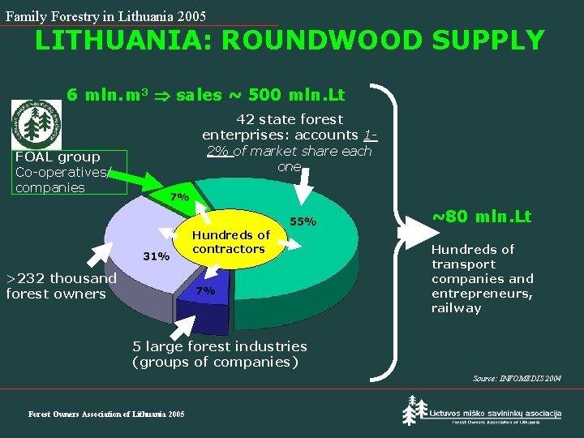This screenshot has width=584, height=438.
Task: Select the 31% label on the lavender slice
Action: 156,256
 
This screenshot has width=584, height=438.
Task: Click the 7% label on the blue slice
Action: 205,290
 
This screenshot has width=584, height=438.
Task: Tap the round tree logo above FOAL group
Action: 36,123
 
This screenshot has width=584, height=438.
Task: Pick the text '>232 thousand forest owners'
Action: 61,286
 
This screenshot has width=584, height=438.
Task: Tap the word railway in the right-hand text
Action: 456,308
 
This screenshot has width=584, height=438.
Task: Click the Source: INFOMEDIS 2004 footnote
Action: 516,379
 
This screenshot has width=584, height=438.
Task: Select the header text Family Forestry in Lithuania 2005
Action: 105,16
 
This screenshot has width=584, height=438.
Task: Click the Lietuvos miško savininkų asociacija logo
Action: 482,412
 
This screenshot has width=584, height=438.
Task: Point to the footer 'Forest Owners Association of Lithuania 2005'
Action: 106,414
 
